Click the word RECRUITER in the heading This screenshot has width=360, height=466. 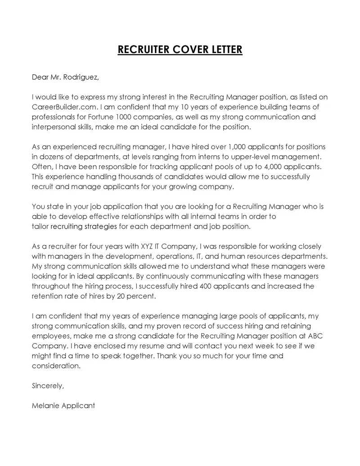coord(141,49)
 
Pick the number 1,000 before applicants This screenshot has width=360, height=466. coord(239,147)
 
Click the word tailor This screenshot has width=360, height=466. coord(40,226)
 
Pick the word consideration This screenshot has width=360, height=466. coord(57,366)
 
